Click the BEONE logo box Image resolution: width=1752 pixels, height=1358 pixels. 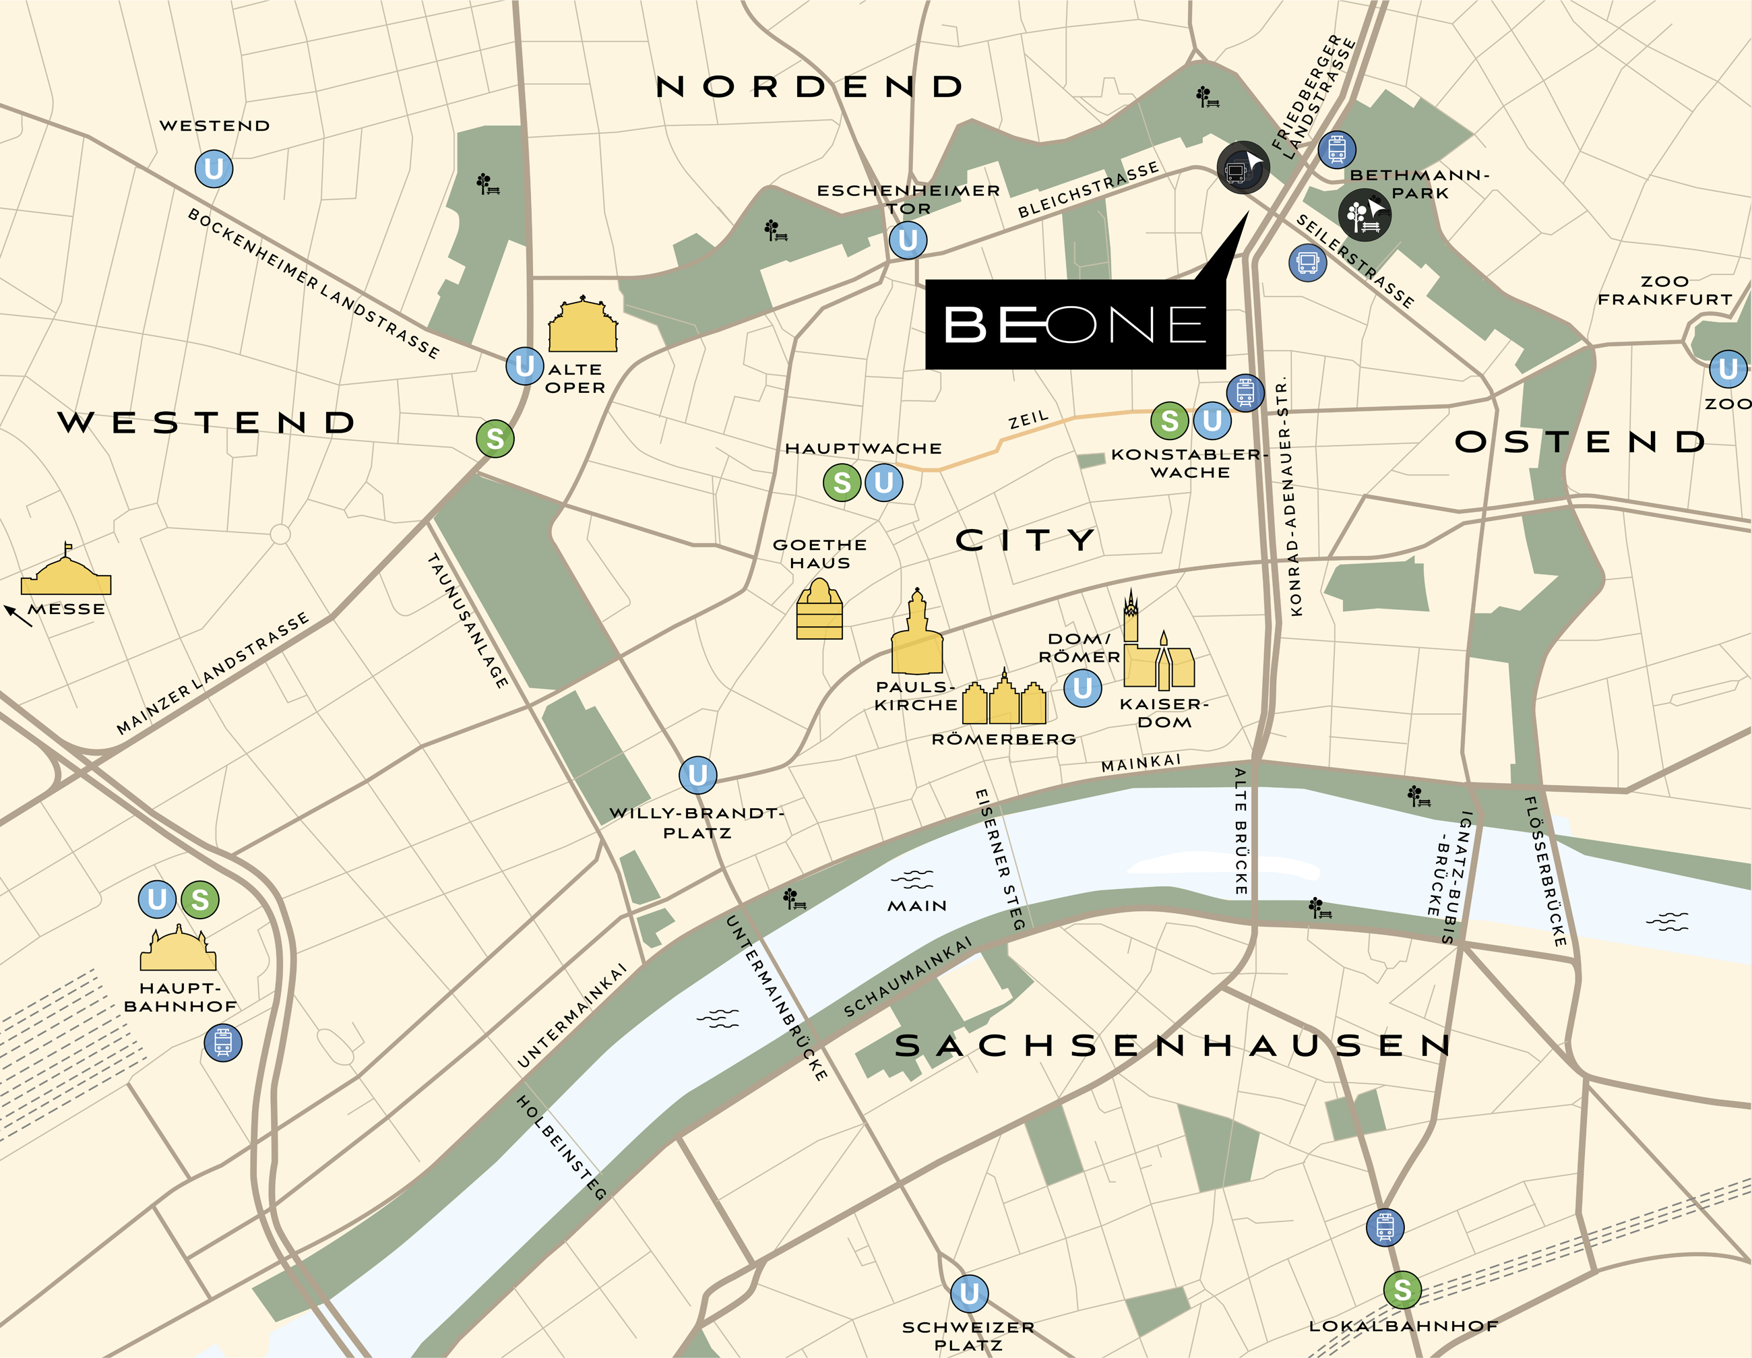1075,324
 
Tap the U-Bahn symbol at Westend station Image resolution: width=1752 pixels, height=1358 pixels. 214,169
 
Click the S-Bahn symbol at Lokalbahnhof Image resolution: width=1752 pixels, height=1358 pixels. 1402,1290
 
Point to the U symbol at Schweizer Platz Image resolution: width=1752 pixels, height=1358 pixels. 969,1293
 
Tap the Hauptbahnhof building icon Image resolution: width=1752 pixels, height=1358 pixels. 178,949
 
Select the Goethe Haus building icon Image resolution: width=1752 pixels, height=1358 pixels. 819,611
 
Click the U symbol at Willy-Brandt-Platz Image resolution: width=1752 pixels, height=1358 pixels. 698,775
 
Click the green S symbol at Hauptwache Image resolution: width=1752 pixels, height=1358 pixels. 842,483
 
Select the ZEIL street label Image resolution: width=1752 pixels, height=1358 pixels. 1028,419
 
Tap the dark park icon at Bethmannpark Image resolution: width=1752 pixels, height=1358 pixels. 1365,215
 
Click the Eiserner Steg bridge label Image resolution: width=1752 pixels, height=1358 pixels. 999,859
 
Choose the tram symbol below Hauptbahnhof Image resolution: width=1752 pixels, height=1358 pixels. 223,1043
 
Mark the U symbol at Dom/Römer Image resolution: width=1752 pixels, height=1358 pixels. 1082,687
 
